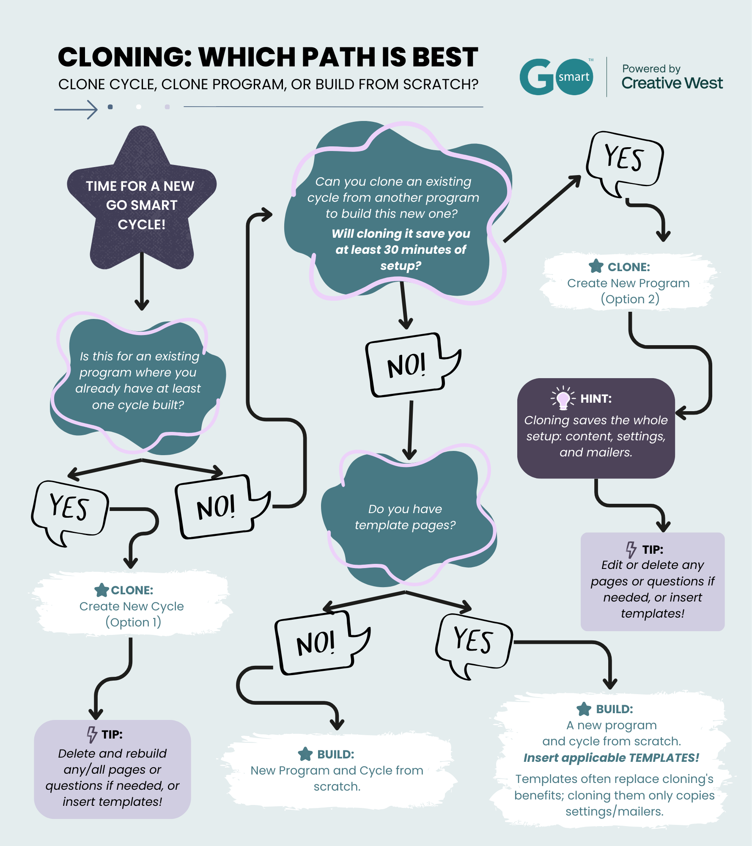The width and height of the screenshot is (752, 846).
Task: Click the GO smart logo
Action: point(556,77)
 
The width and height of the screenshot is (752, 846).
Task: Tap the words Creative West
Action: point(672,83)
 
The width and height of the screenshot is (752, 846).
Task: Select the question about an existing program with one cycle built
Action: point(138,381)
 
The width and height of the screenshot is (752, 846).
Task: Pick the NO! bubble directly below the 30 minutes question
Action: point(412,365)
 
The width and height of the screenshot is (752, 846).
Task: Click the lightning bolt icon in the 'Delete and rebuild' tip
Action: point(92,734)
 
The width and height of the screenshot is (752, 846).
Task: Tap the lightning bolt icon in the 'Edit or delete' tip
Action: point(631,549)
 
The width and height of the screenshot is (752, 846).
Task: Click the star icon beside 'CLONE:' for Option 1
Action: point(102,590)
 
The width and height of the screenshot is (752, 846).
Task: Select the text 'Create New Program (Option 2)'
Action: point(629,291)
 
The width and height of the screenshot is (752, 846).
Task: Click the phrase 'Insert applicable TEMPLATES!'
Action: point(611,758)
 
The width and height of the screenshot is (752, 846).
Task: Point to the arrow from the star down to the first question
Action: point(142,281)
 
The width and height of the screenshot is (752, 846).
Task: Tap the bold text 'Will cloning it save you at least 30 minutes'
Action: point(401,242)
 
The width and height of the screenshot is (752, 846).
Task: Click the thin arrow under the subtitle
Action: point(76,110)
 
